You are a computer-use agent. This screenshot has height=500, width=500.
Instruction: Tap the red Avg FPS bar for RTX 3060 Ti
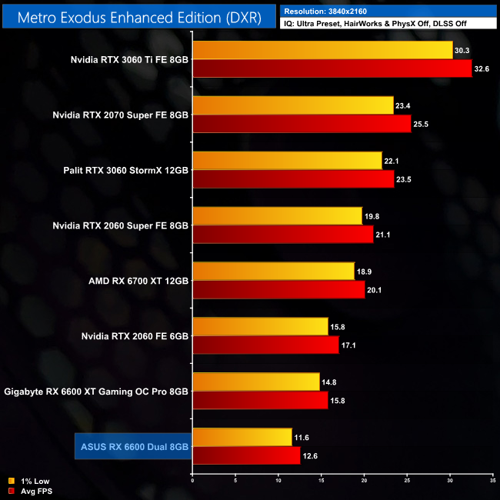click(x=332, y=68)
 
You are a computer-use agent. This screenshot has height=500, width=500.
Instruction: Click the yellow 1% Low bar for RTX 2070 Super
click(x=293, y=105)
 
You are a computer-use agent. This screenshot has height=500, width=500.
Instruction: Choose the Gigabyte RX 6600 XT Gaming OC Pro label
click(x=96, y=392)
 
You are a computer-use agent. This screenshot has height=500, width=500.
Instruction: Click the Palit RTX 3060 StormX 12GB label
click(x=121, y=170)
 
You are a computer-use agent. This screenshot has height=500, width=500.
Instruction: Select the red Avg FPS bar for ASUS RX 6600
click(x=246, y=455)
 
